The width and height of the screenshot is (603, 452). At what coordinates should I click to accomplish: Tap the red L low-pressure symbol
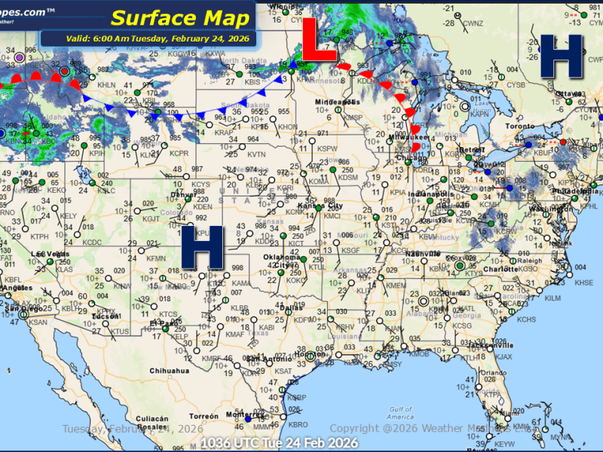[320, 41]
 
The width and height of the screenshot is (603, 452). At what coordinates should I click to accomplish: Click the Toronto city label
[520, 126]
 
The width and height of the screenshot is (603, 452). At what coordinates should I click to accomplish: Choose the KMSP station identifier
[353, 118]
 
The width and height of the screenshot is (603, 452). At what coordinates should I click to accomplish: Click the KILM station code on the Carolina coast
[552, 298]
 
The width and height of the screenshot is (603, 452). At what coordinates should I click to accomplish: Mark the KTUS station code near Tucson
[121, 331]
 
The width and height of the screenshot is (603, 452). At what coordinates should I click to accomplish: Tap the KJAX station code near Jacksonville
[504, 356]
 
